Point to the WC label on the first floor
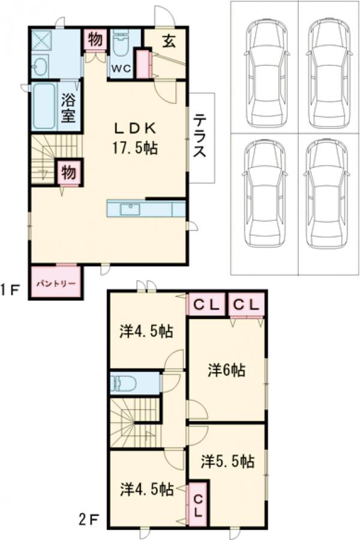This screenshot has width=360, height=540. click(122, 68)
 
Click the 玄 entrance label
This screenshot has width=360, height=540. click(169, 43)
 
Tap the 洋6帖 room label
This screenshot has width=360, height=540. click(227, 370)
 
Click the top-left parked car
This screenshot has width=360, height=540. click(264, 70)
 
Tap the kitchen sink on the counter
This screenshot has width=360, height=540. click(128, 209)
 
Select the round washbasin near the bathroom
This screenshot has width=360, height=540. click(40, 67)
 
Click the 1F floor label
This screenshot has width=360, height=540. click(10, 290)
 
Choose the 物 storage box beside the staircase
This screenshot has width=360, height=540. click(68, 173)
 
